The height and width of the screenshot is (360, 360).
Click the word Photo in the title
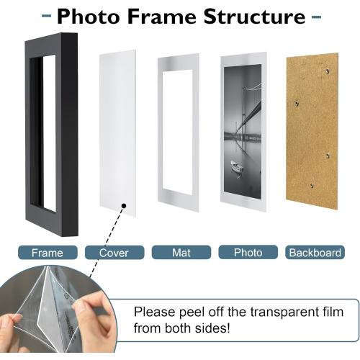[x=88, y=17]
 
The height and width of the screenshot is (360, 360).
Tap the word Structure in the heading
[x=255, y=17]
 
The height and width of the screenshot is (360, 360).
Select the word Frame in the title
[x=162, y=17]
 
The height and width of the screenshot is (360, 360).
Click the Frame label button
[x=48, y=253]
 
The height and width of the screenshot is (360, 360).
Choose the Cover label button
[x=114, y=253]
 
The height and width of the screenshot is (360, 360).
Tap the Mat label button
[x=181, y=252]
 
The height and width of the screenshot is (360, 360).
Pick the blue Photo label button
[x=248, y=252]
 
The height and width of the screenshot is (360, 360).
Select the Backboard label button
[x=315, y=252]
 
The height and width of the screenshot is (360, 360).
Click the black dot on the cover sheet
[x=124, y=206]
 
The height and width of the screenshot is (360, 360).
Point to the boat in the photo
[x=237, y=166]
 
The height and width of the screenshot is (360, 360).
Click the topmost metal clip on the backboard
[x=327, y=71]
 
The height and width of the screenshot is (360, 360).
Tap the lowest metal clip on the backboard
[x=312, y=185]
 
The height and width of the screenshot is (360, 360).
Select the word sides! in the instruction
[x=212, y=328]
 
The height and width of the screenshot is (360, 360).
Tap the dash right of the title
[x=316, y=17]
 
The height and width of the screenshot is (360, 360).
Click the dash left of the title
[x=46, y=16]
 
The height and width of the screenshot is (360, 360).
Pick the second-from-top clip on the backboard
[x=297, y=104]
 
